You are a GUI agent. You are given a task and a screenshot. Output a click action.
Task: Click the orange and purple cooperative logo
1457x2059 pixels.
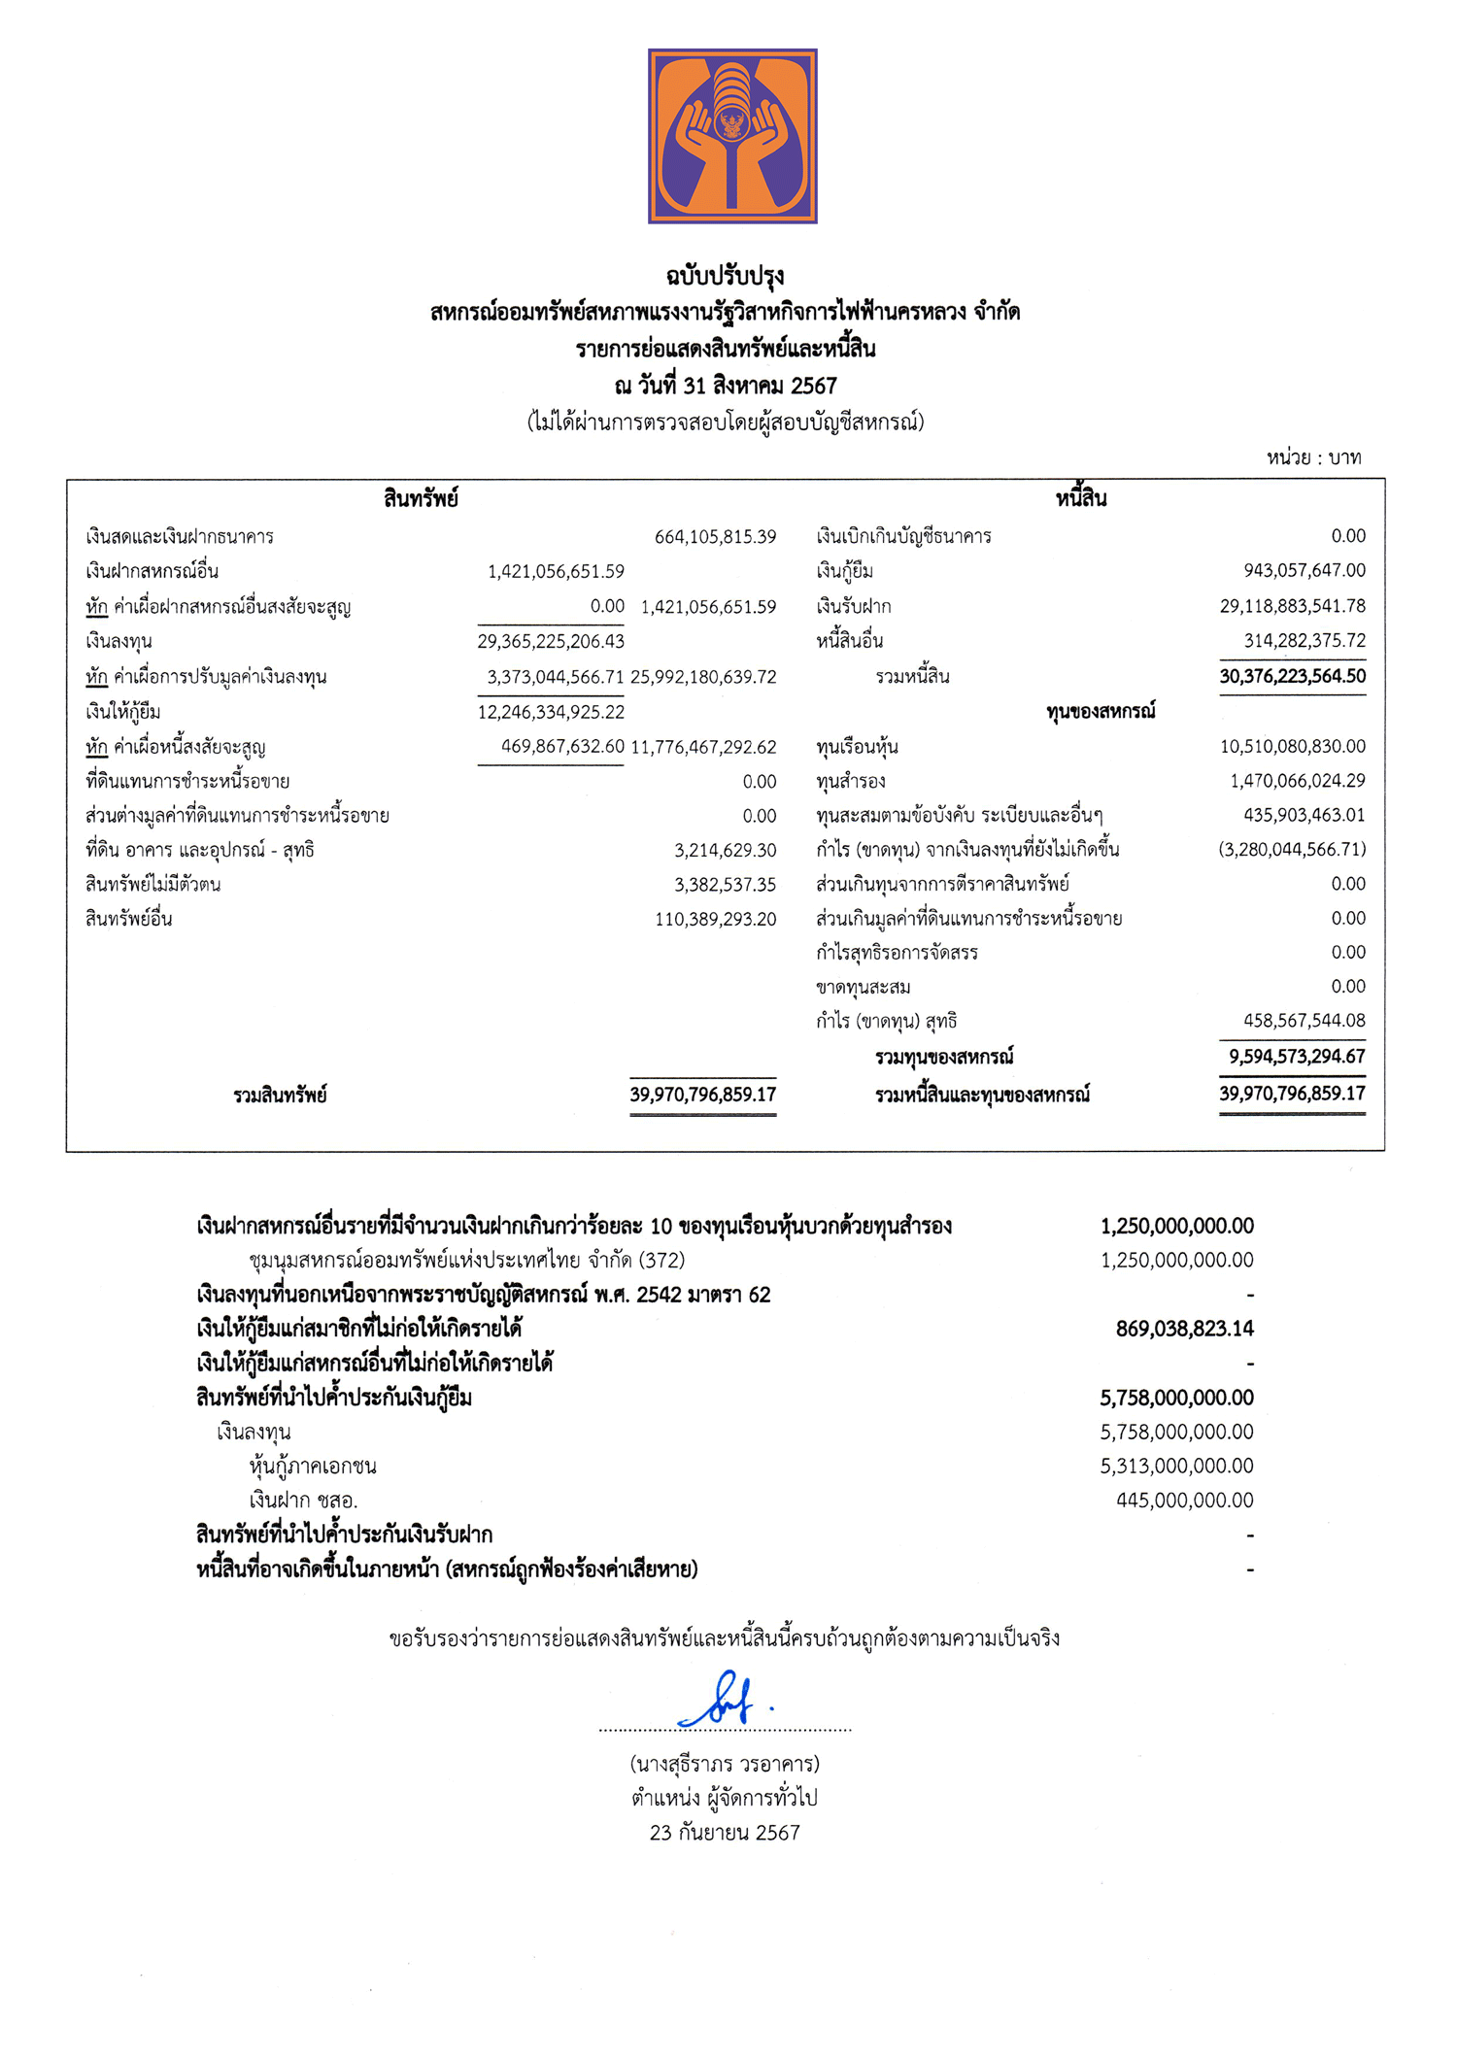pyautogui.click(x=732, y=136)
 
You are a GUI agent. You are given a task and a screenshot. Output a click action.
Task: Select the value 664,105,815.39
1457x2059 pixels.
pyautogui.click(x=715, y=536)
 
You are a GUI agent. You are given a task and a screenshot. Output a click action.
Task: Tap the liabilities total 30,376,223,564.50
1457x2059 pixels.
pyautogui.click(x=1292, y=676)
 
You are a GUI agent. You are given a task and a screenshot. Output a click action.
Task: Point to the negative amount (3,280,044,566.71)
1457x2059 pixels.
pyautogui.click(x=1292, y=849)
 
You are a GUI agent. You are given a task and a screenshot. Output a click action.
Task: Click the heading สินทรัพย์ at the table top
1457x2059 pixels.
pyautogui.click(x=420, y=499)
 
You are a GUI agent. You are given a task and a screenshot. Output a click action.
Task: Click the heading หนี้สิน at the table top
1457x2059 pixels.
pyautogui.click(x=1081, y=499)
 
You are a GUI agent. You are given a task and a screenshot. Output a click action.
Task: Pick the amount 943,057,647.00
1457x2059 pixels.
pyautogui.click(x=1304, y=570)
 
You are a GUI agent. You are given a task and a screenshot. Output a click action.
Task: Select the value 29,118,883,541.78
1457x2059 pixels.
pyautogui.click(x=1292, y=606)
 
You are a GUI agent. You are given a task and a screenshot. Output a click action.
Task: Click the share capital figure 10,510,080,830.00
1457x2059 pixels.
pyautogui.click(x=1292, y=746)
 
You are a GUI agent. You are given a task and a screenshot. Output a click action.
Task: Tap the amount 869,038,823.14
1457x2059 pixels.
pyautogui.click(x=1184, y=1329)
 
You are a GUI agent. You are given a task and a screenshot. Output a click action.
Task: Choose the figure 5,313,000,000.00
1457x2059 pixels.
pyautogui.click(x=1176, y=1466)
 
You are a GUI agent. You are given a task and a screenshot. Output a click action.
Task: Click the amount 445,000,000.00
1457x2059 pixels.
pyautogui.click(x=1184, y=1500)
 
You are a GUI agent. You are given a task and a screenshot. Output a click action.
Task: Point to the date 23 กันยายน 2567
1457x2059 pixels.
pyautogui.click(x=725, y=1833)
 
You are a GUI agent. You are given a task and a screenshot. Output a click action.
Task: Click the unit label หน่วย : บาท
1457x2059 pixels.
pyautogui.click(x=1313, y=457)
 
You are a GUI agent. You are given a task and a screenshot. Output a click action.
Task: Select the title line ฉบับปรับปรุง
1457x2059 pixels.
pyautogui.click(x=725, y=277)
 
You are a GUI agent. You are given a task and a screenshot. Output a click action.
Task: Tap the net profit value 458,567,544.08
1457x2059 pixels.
pyautogui.click(x=1304, y=1021)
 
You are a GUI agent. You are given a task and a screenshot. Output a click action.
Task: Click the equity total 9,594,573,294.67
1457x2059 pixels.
pyautogui.click(x=1296, y=1056)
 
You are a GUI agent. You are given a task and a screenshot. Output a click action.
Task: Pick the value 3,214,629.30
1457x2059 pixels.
pyautogui.click(x=725, y=851)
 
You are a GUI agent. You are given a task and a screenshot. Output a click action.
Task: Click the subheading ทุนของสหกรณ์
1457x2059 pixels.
pyautogui.click(x=1101, y=711)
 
